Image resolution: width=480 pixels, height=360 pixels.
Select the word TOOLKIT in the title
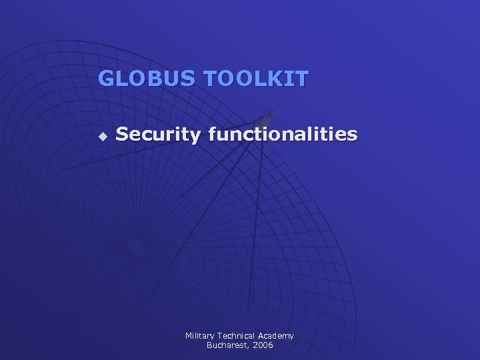pos(257,79)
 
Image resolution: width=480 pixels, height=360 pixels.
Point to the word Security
pos(157,135)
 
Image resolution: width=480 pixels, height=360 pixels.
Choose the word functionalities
pos(283,135)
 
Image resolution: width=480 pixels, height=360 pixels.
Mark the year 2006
pos(262,345)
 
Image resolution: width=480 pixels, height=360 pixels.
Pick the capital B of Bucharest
pos(209,345)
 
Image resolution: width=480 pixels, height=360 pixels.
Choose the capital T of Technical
pos(221,336)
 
